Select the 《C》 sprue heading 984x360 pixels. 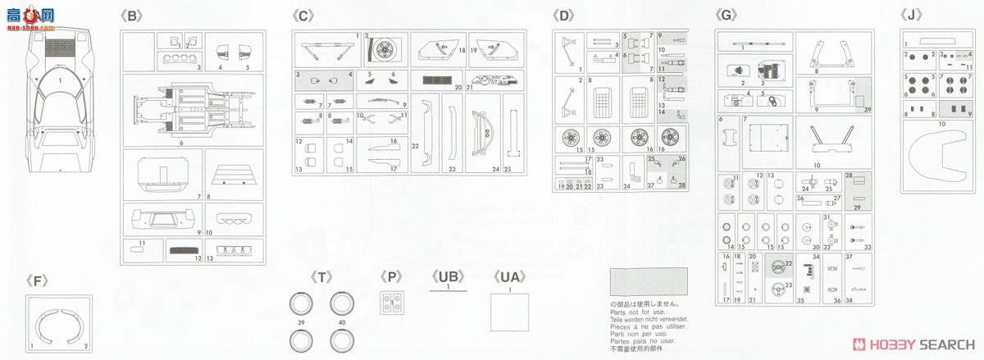(303, 15)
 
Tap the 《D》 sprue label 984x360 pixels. (565, 15)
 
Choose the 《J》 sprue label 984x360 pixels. (913, 15)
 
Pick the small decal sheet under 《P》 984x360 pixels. (391, 302)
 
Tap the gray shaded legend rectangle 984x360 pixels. (649, 283)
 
